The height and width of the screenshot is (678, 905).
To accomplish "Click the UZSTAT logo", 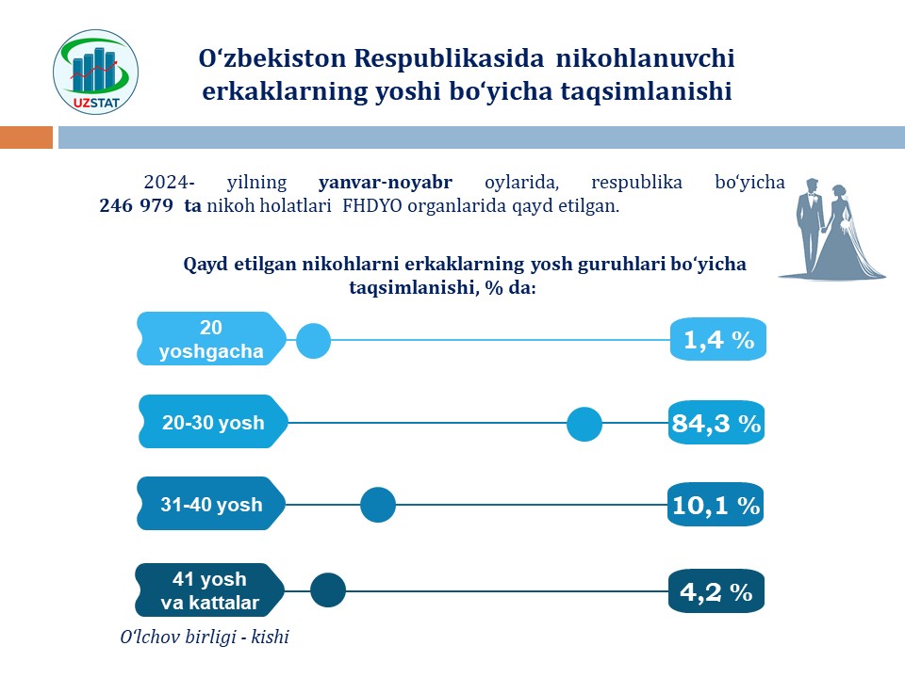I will (96, 73).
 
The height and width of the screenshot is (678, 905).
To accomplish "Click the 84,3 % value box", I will (716, 424).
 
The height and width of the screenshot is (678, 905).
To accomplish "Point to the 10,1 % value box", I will (715, 506).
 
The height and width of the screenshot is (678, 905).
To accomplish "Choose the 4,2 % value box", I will (716, 592).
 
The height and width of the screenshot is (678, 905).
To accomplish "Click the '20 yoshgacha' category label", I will (211, 340).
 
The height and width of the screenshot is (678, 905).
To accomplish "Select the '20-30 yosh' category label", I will (213, 423).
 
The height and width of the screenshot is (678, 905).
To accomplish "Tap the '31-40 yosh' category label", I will (211, 505).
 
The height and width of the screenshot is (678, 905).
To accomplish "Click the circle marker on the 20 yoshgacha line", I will (314, 340).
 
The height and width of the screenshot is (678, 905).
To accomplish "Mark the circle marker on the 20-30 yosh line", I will (584, 425).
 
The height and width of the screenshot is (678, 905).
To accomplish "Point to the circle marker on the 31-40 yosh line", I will (378, 506).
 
